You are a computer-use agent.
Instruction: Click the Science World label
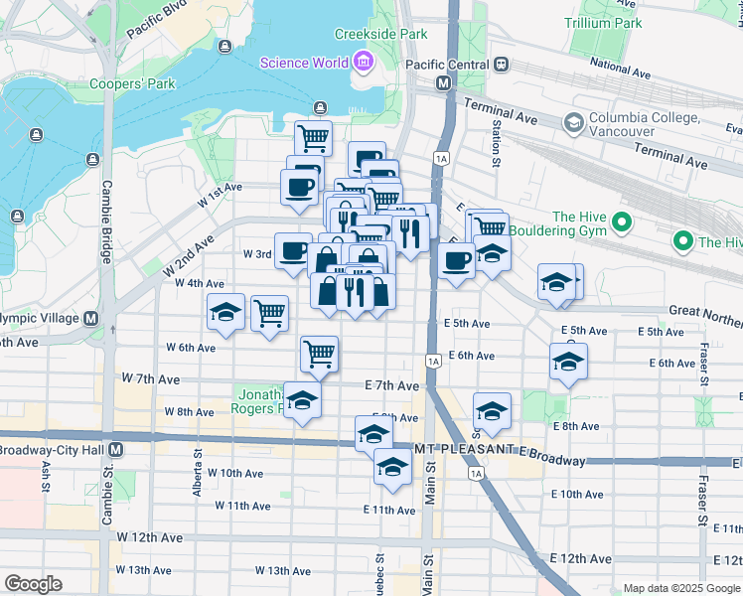click(304, 64)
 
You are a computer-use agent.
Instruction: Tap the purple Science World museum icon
click(362, 64)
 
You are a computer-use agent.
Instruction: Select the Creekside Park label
click(379, 34)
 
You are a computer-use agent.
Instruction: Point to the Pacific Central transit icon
click(502, 64)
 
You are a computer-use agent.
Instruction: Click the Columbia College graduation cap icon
click(572, 122)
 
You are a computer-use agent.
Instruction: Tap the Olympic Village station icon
click(90, 319)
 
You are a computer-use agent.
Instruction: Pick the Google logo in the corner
click(33, 584)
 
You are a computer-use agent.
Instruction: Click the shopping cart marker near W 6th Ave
click(319, 354)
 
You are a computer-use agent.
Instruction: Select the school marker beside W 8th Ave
click(302, 400)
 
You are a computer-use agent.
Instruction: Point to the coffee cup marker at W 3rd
click(293, 250)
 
